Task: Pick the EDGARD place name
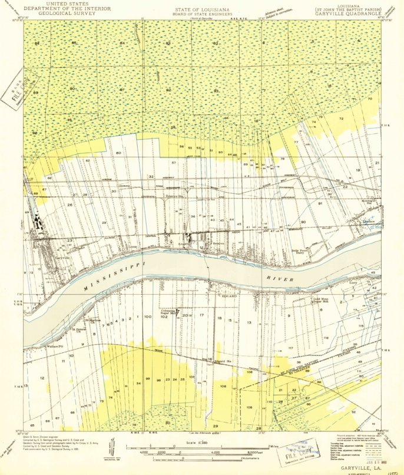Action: pos(228,296)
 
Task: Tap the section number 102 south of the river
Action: pos(164,317)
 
